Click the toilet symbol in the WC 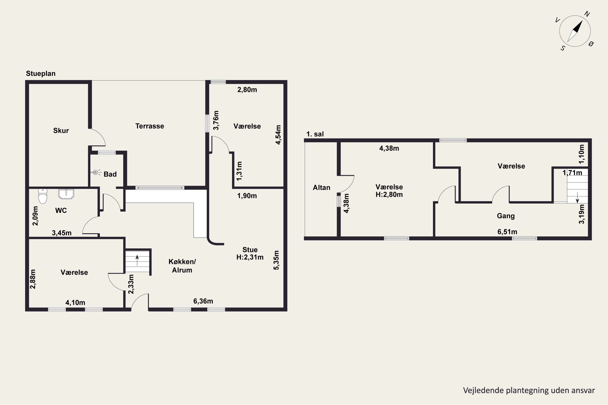pos(43,196)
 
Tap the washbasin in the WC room pos(66,194)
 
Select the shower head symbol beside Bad pos(96,172)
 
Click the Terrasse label pos(150,126)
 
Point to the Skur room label pos(61,130)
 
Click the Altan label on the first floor pos(322,188)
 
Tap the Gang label pos(506,216)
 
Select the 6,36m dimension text pos(203,301)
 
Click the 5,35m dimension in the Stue pos(276,260)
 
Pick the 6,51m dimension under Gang pos(507,232)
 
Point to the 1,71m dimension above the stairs pos(572,173)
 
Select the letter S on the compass pos(563,48)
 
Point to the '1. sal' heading pos(315,134)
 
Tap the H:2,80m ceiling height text pos(389,194)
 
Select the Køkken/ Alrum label pos(182,266)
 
